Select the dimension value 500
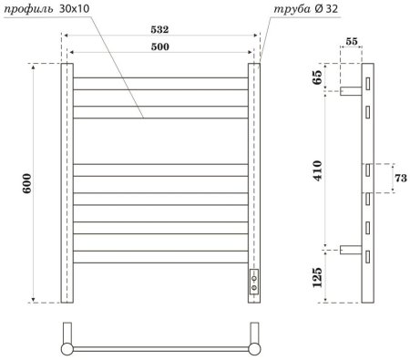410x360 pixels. pos(161,46)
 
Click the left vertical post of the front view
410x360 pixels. pos(67,182)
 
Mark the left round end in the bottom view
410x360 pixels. pos(66,346)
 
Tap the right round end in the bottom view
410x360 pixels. pos(254,346)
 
